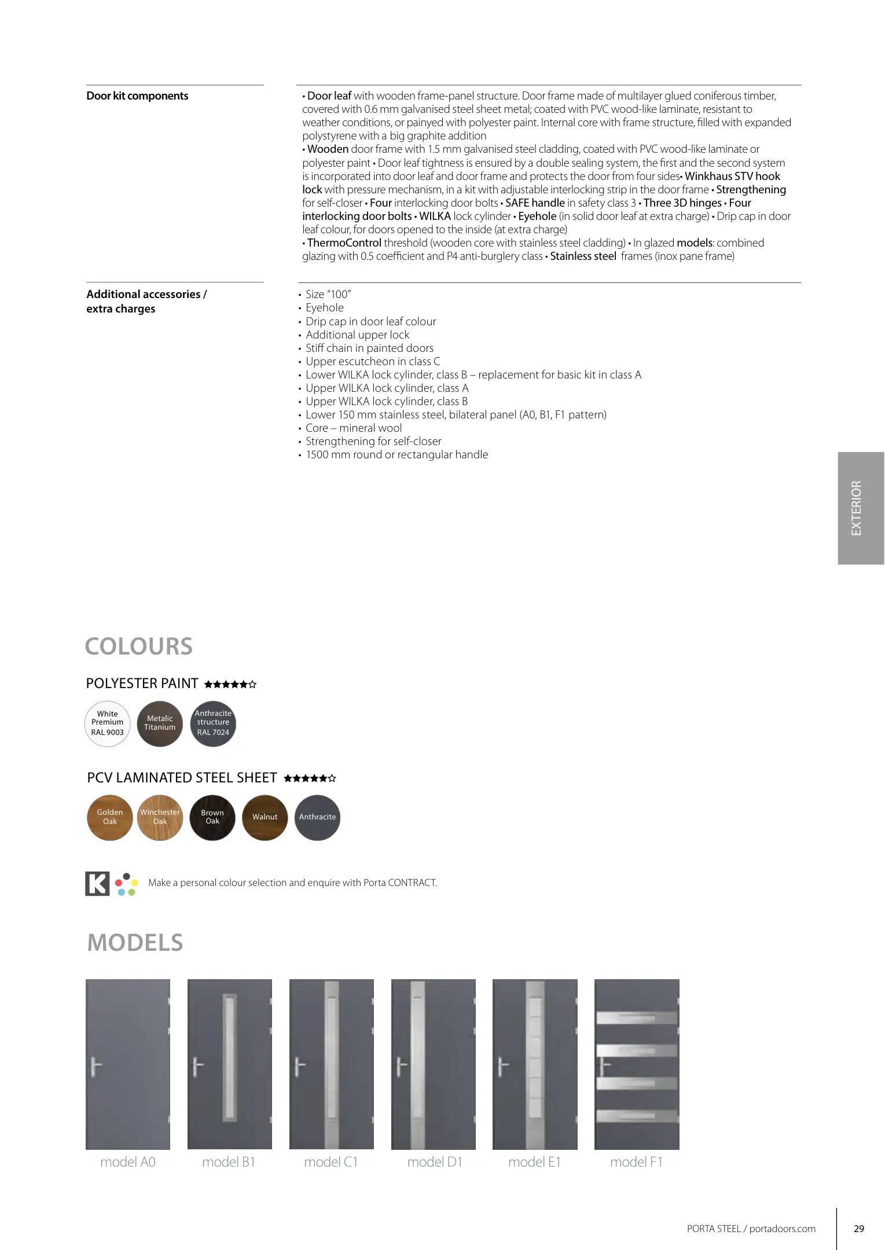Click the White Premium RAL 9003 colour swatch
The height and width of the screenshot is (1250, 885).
(108, 723)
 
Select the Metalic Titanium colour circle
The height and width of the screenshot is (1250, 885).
(160, 723)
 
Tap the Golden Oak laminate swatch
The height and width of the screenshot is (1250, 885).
(110, 817)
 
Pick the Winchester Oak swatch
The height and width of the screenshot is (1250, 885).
(160, 817)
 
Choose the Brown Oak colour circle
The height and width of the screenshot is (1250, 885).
(212, 817)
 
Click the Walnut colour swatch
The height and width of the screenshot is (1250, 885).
(265, 817)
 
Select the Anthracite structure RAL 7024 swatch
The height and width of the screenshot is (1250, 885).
(213, 723)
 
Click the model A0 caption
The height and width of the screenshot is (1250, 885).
(128, 1162)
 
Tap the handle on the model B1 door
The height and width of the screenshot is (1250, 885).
(197, 1066)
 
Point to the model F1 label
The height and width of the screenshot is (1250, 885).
(636, 1162)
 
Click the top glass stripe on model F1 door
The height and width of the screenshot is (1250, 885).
(637, 1017)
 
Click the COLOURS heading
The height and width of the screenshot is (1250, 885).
(139, 646)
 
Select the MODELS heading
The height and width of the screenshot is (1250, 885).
(135, 943)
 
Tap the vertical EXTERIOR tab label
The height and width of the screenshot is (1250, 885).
(857, 508)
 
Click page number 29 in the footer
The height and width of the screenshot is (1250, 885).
(859, 1229)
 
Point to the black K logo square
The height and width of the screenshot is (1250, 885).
(97, 883)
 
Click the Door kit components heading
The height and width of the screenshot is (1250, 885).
(137, 96)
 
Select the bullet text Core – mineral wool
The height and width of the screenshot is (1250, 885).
(354, 428)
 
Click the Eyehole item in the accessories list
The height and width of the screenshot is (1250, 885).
(325, 308)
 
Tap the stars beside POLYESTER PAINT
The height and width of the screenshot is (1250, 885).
(230, 685)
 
